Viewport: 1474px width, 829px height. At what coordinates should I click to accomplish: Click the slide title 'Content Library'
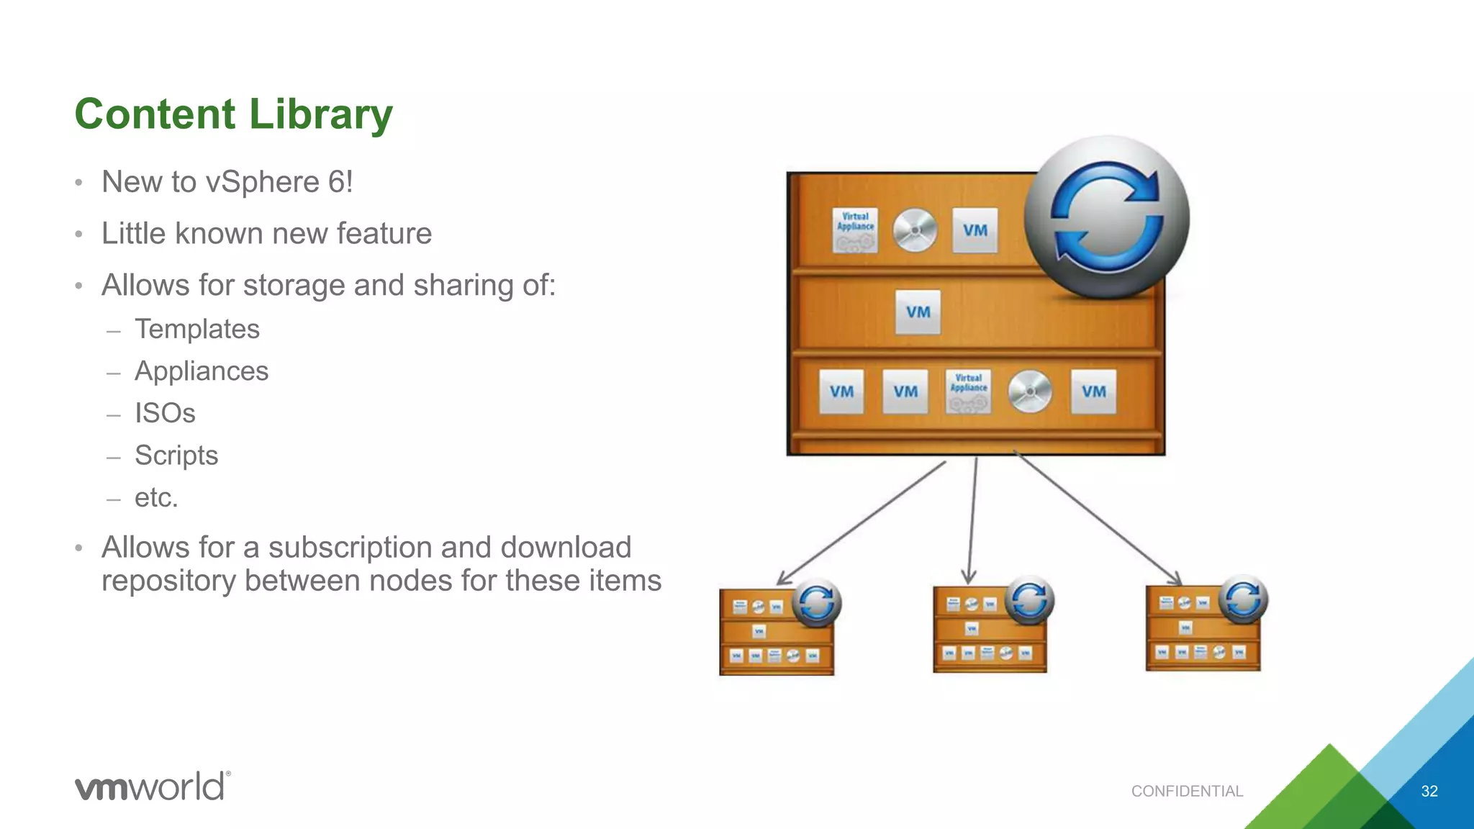(233, 114)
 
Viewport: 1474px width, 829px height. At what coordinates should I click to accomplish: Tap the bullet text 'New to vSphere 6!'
(227, 182)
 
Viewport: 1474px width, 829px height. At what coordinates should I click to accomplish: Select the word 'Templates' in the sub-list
(196, 330)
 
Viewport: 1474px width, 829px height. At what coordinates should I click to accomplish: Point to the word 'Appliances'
(202, 371)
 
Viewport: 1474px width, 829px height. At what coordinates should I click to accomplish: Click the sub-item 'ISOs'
(165, 414)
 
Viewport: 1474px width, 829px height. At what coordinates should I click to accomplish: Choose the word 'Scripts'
(176, 456)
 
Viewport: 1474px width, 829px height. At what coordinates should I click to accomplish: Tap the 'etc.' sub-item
(156, 498)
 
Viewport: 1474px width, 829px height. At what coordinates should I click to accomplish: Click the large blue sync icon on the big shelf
(1106, 217)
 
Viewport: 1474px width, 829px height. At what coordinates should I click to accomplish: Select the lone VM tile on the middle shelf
(918, 312)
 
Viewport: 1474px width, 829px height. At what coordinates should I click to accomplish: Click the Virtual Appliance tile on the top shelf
(855, 230)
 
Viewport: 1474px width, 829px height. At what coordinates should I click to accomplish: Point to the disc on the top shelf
(915, 231)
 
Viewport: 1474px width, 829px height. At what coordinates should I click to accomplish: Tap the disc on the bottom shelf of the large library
(1030, 391)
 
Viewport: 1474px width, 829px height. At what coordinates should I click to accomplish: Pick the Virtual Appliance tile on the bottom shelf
(968, 391)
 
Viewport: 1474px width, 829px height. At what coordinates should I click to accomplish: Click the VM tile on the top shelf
(975, 231)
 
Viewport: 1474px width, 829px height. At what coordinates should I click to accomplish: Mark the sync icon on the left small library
(816, 603)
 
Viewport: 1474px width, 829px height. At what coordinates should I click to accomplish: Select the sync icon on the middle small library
(1029, 600)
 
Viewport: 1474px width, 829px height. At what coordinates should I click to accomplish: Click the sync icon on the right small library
(1243, 599)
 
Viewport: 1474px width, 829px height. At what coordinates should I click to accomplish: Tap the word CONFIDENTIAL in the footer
(1187, 792)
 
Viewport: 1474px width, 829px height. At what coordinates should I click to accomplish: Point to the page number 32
(1429, 792)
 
